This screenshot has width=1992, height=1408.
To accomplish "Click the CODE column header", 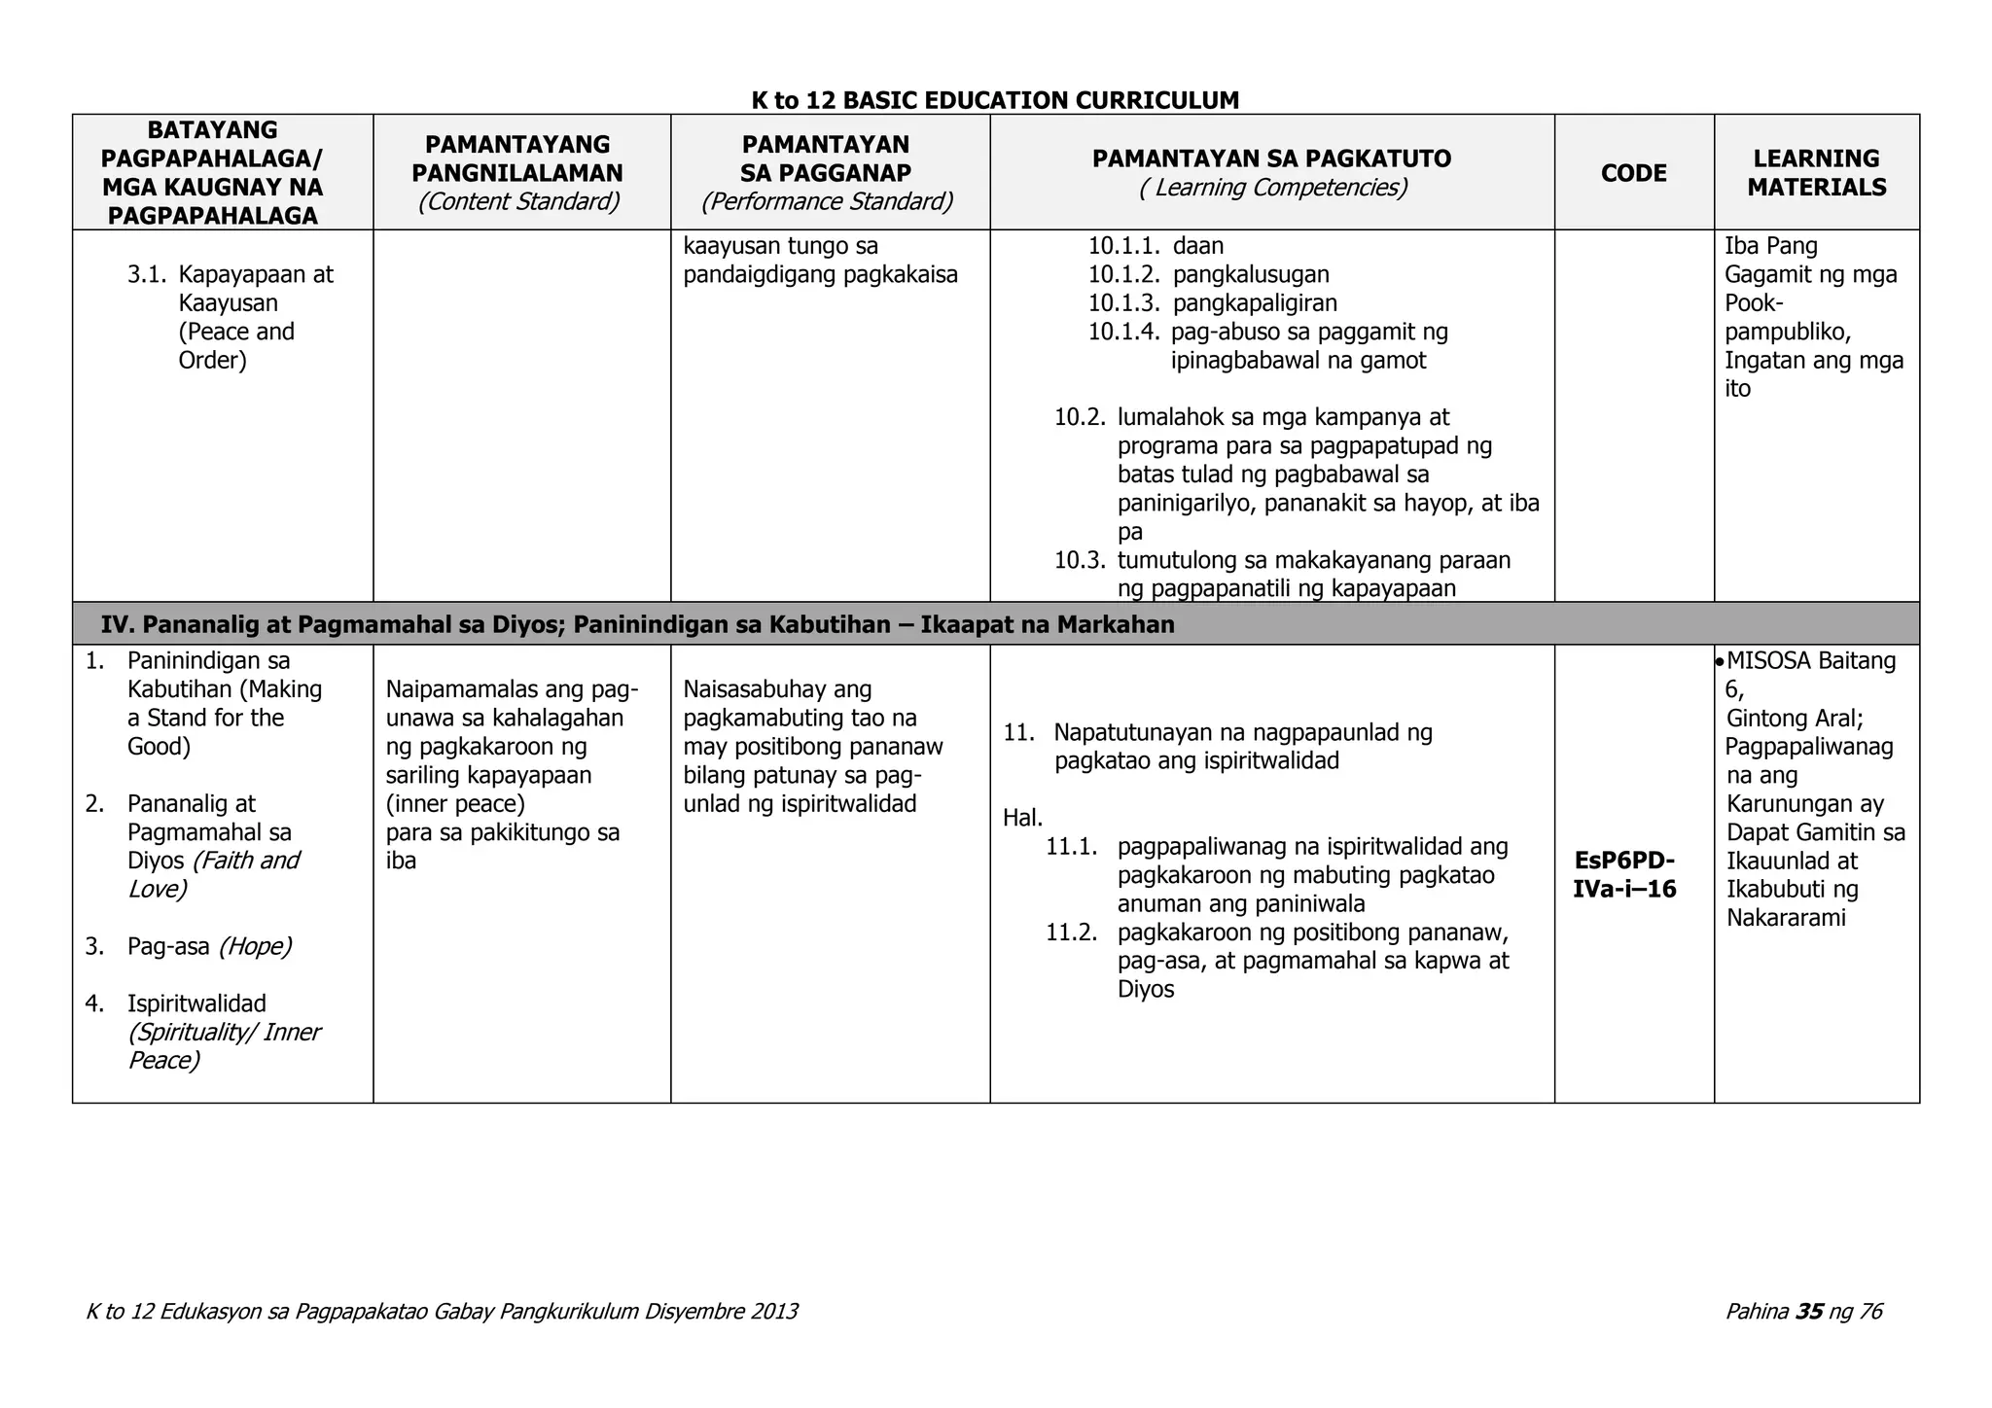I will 1633,173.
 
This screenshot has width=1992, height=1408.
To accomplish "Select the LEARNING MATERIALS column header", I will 1816,173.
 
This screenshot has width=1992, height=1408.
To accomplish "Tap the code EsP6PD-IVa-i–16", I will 1624,875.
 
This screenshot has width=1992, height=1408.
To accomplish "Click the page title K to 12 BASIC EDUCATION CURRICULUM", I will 995,100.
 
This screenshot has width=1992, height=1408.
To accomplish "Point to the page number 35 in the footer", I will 1809,1312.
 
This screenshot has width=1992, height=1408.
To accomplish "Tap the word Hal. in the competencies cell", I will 1022,818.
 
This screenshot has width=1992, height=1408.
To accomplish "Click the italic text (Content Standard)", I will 518,202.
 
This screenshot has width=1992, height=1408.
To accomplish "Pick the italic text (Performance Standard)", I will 828,202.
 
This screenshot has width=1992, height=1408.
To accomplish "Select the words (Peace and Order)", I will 235,346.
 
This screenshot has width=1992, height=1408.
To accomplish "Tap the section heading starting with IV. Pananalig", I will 637,625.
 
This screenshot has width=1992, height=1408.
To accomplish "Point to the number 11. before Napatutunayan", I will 1017,732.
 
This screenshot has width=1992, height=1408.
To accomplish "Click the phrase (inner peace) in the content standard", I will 455,804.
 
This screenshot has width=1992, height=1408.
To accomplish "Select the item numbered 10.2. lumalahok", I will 1080,418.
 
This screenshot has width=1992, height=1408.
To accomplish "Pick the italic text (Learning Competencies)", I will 1272,188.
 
